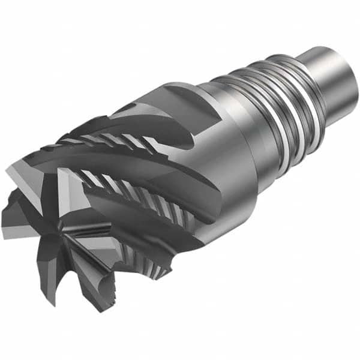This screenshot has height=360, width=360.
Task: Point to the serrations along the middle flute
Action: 120,186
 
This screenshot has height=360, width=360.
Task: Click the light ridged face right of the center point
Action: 90,240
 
